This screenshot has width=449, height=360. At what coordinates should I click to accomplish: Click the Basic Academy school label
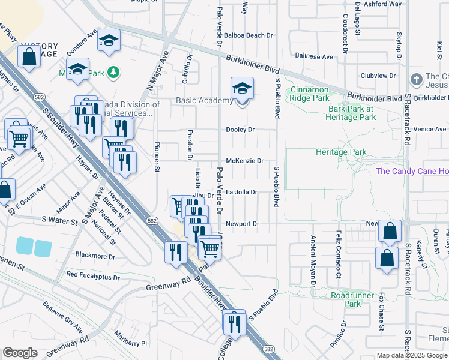click(x=205, y=100)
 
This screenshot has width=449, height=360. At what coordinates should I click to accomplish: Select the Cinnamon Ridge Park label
click(x=310, y=94)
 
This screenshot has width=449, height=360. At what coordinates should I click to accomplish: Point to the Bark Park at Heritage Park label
click(x=351, y=113)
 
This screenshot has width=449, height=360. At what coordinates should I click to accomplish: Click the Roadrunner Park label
click(x=346, y=299)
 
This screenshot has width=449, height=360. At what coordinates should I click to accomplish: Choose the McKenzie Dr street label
click(x=245, y=161)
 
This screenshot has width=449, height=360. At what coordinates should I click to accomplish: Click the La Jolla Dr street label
click(x=241, y=192)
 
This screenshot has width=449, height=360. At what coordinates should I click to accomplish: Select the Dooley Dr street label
click(x=241, y=130)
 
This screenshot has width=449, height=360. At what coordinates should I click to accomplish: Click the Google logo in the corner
click(x=20, y=353)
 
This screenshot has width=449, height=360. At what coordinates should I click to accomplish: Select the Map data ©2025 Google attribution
click(x=411, y=355)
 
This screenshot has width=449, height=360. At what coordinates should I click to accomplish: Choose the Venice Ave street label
click(x=430, y=129)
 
